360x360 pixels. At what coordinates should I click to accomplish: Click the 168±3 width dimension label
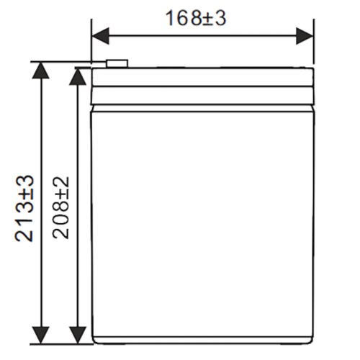pos(196,18)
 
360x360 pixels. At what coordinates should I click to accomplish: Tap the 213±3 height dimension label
pos(24,208)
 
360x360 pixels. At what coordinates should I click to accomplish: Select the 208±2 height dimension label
pos(60,208)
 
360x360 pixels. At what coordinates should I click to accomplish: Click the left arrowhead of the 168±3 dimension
pos(100,36)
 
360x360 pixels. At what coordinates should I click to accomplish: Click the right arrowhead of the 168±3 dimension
pos(305,36)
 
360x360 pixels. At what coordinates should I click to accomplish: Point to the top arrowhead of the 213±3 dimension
pos(41,71)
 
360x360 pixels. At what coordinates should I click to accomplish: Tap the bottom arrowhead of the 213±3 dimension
pos(41,336)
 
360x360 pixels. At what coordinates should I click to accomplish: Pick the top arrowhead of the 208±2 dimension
pos(78,77)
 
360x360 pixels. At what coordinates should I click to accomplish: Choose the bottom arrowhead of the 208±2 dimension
pos(78,336)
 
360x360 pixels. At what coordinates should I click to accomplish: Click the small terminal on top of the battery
pos(117,63)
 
